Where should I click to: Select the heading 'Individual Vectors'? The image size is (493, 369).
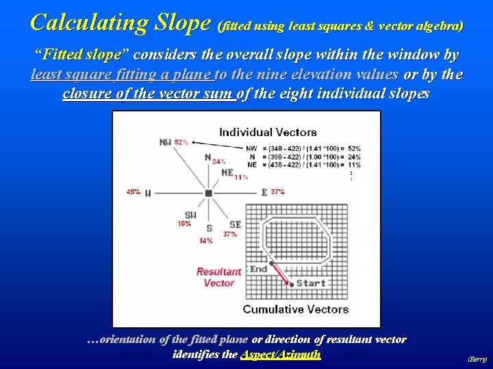[268, 132]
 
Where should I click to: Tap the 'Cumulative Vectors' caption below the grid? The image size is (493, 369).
[295, 309]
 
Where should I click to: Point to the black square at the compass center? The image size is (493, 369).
[208, 193]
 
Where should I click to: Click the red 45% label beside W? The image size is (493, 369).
[134, 192]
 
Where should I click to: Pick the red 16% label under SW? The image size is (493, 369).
[184, 223]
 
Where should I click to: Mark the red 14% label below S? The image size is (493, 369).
[205, 241]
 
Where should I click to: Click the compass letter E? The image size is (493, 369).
[264, 193]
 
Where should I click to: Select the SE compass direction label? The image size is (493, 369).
[235, 224]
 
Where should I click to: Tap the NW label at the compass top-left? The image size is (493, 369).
[165, 142]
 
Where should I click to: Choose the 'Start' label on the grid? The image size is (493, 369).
[311, 283]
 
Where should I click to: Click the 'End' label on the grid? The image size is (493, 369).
[258, 269]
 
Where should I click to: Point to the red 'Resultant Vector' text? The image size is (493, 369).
[218, 277]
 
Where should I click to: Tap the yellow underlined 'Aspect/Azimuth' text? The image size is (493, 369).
[281, 355]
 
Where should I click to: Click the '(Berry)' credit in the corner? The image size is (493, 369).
[477, 358]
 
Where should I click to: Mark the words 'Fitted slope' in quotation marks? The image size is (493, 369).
[81, 54]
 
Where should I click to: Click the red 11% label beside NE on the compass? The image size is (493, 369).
[241, 178]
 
